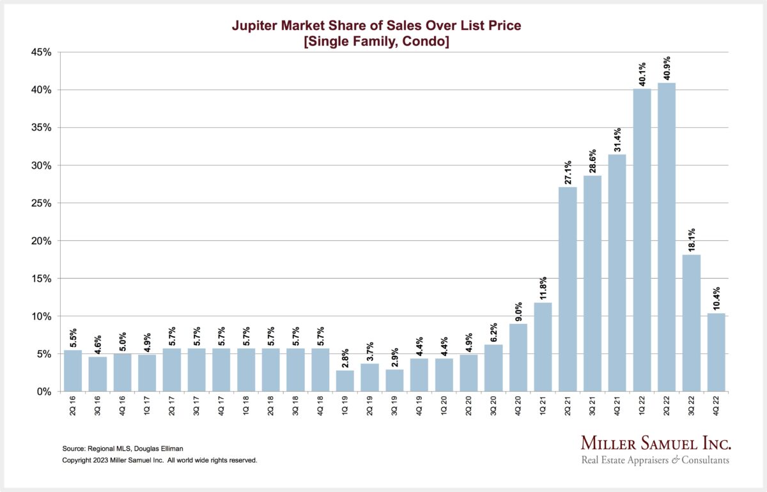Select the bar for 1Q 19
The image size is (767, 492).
(x=345, y=381)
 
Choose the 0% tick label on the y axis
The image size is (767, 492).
(x=44, y=392)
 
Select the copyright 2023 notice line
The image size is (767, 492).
(x=159, y=460)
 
